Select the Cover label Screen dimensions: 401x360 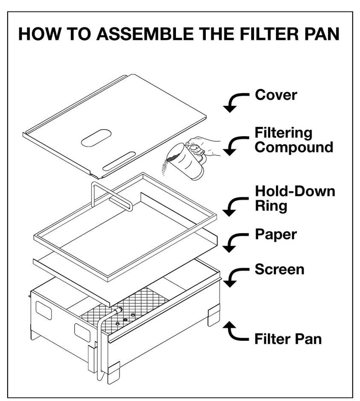pos(275,94)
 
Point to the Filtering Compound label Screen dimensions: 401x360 pos(293,140)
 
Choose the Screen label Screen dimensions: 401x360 pos(279,269)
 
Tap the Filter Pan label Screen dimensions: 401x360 pos(288,340)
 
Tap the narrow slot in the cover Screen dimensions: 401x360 pos(117,163)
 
